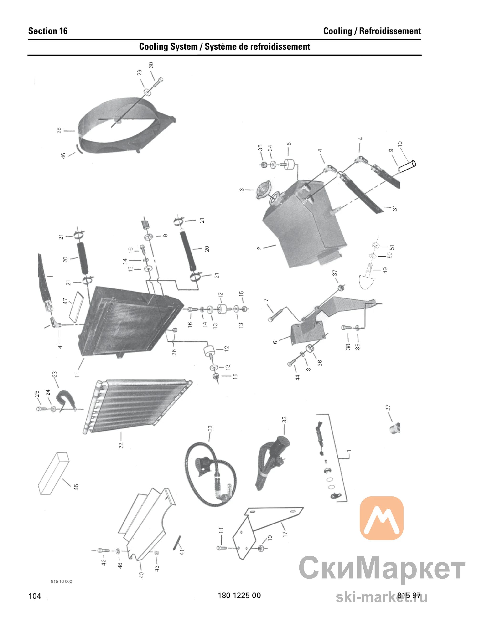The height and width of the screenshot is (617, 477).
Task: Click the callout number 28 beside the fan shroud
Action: pyautogui.click(x=59, y=130)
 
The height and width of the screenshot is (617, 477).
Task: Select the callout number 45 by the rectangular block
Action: pyautogui.click(x=76, y=487)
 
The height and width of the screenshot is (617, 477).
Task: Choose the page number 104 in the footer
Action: pyautogui.click(x=35, y=596)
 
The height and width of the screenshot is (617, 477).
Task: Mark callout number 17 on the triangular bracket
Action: pyautogui.click(x=285, y=534)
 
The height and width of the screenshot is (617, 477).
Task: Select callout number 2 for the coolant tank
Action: pyautogui.click(x=259, y=248)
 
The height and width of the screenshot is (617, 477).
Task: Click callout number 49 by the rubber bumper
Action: pyautogui.click(x=385, y=270)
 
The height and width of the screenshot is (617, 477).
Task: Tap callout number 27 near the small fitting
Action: pyautogui.click(x=388, y=408)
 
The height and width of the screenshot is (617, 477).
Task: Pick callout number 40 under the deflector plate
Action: pyautogui.click(x=141, y=575)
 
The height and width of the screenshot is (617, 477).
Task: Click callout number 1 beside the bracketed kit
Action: pyautogui.click(x=349, y=451)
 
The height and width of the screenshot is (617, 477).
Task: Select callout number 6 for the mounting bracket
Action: pyautogui.click(x=275, y=342)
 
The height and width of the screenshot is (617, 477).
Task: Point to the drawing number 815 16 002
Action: pyautogui.click(x=61, y=581)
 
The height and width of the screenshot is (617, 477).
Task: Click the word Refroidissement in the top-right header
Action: pyautogui.click(x=390, y=31)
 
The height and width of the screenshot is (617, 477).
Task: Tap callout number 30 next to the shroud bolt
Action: pyautogui.click(x=151, y=65)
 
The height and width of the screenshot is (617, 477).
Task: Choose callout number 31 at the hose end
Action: pyautogui.click(x=395, y=208)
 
